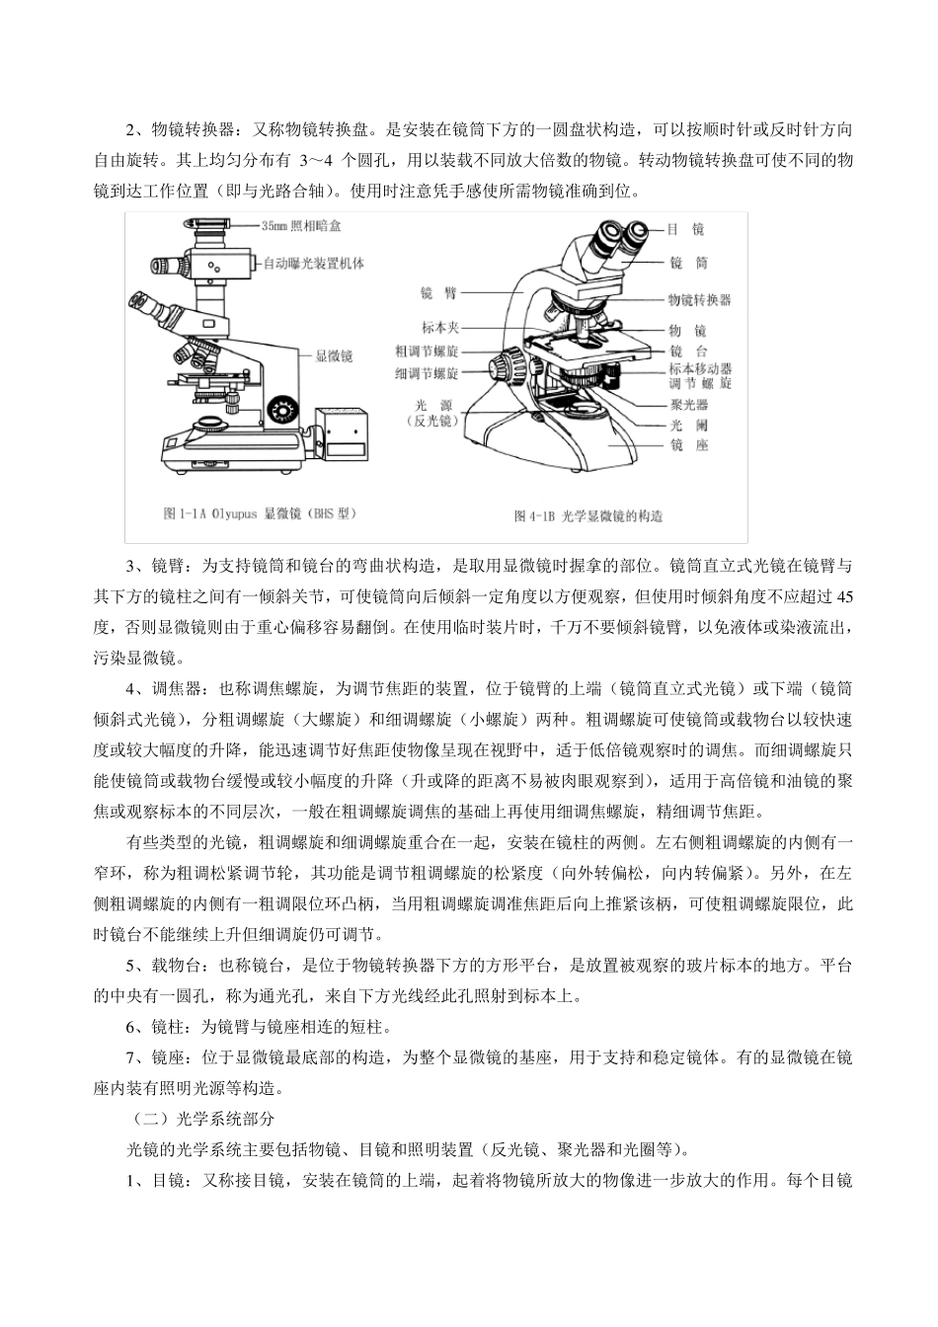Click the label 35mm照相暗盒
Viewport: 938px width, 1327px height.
click(301, 226)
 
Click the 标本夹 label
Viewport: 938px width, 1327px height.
click(439, 327)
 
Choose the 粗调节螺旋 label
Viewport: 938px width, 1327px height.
click(427, 351)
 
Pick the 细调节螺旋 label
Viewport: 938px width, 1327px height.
click(427, 374)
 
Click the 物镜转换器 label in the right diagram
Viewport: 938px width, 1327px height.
click(700, 299)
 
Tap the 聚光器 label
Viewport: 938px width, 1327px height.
click(687, 405)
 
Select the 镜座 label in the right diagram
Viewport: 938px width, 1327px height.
click(687, 446)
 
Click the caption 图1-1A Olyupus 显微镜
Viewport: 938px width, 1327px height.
click(259, 513)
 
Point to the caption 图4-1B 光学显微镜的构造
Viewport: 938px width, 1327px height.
click(588, 515)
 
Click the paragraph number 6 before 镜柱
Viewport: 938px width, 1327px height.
click(132, 1027)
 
